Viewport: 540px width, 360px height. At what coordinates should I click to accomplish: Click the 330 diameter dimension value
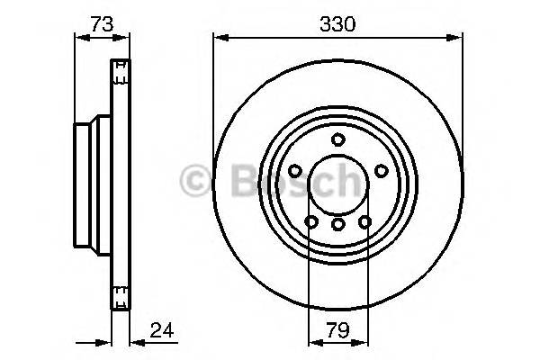click(337, 24)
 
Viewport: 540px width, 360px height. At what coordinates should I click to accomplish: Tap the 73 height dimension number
click(101, 24)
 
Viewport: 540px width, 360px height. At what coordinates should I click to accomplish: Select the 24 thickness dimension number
click(163, 330)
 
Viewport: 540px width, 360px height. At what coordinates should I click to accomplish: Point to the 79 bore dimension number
click(337, 330)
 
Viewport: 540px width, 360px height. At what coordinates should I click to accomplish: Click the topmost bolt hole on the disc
click(337, 139)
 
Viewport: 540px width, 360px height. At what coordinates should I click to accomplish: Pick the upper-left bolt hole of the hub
click(295, 171)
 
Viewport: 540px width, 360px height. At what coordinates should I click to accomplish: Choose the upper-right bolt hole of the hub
click(381, 171)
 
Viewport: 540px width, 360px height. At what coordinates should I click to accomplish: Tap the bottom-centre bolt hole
click(337, 224)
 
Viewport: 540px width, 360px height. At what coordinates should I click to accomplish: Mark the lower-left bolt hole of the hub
click(311, 221)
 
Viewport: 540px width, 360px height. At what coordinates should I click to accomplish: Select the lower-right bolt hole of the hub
click(364, 221)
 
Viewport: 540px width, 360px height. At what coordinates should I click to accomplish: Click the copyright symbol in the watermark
click(194, 181)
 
